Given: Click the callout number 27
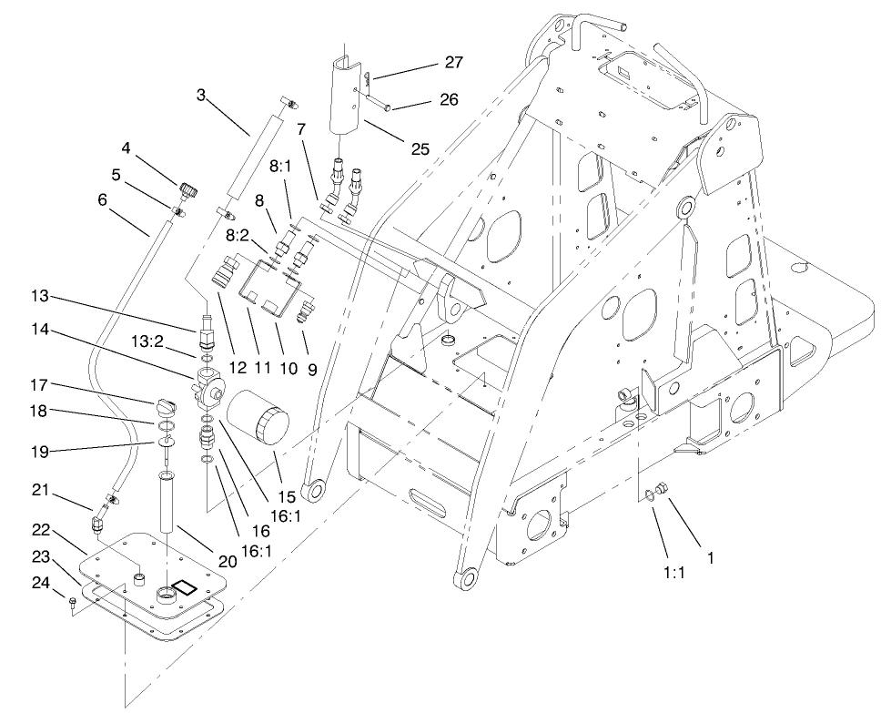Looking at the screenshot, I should coord(452,63).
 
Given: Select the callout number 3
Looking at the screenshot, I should coord(200,94).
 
